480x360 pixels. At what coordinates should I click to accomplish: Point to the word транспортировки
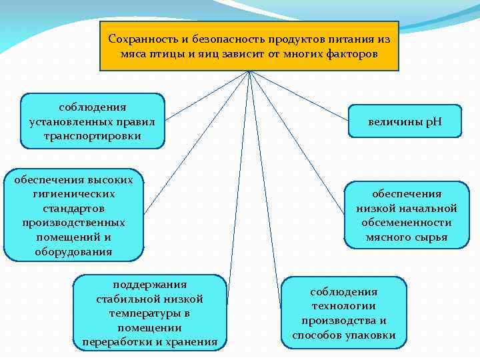click(92, 136)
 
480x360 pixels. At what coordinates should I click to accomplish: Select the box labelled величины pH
click(405, 122)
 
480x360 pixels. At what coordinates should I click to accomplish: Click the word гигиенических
click(73, 193)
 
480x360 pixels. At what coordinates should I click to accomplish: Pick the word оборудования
click(73, 252)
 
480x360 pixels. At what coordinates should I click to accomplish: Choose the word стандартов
click(73, 208)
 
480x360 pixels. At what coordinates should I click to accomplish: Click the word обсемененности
click(407, 223)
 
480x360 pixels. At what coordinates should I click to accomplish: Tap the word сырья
click(431, 237)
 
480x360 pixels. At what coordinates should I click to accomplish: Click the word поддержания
click(150, 284)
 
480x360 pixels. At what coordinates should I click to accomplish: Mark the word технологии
click(344, 307)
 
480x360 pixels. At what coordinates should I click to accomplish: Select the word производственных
click(73, 223)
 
